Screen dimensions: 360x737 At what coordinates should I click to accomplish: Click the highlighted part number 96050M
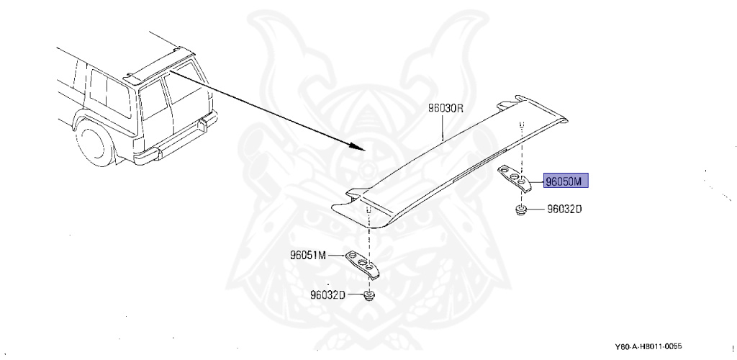(x=566, y=180)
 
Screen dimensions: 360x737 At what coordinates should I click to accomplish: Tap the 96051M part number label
(x=309, y=255)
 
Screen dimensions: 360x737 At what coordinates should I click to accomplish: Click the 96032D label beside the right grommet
(x=564, y=210)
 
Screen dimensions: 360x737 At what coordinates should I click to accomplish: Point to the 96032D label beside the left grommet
(x=329, y=294)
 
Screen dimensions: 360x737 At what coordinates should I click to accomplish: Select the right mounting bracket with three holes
(x=516, y=177)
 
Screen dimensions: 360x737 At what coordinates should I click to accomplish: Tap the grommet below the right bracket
(x=520, y=210)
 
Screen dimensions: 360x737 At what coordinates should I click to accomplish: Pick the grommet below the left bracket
(x=369, y=295)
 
